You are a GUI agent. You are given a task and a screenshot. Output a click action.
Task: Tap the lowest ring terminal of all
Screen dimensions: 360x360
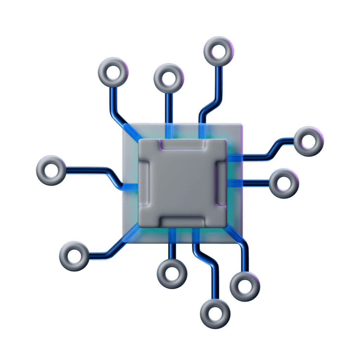tap(216, 314)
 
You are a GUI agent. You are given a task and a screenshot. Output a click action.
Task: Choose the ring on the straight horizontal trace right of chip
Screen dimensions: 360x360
tap(284, 183)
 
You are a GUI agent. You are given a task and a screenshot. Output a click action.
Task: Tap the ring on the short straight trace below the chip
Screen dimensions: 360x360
tap(172, 274)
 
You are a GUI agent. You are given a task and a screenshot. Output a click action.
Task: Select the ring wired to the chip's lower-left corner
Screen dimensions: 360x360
tap(74, 256)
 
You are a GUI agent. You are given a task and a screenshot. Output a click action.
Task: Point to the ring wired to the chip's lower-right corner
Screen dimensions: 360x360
tap(245, 286)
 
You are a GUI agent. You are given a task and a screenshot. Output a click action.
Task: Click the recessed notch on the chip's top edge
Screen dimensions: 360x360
tap(182, 145)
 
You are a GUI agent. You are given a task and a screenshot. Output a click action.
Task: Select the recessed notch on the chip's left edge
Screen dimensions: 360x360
tap(144, 183)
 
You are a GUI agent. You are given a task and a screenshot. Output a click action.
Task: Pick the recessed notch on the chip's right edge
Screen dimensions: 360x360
tap(220, 183)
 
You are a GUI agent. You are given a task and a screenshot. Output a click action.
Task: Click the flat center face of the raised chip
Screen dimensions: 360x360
tap(182, 183)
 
